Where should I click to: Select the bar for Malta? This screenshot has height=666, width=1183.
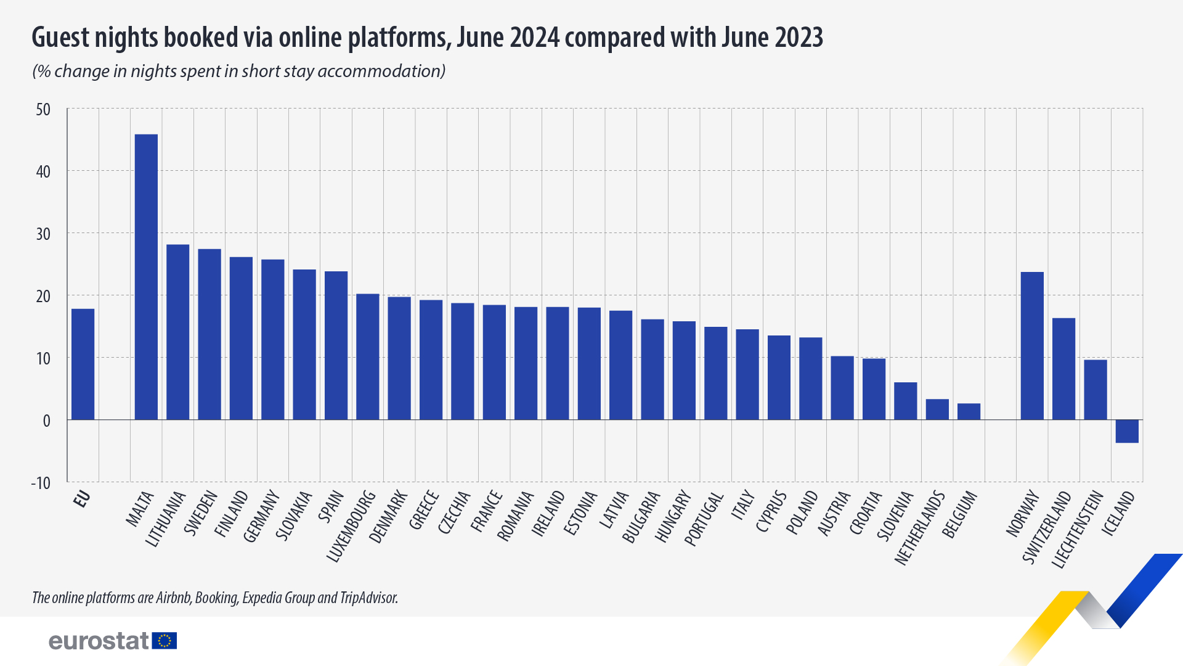[x=146, y=277]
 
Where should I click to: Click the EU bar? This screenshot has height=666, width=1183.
[x=83, y=364]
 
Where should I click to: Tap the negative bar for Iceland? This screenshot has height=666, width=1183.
[x=1127, y=431]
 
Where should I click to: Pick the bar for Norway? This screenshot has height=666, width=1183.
[x=1032, y=345]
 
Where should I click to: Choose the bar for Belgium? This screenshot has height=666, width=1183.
[x=969, y=412]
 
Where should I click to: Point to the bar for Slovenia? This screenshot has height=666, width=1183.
[x=905, y=401]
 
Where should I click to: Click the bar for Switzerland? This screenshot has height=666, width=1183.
[x=1063, y=369]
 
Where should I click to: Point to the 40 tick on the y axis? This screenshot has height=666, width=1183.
[x=43, y=171]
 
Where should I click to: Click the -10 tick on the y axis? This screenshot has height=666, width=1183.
[x=41, y=483]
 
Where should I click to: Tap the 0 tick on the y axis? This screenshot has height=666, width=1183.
[x=46, y=421]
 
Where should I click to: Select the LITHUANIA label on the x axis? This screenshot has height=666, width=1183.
[x=165, y=519]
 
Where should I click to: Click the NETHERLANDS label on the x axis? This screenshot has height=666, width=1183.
[x=919, y=527]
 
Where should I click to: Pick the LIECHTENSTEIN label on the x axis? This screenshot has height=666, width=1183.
[x=1077, y=529]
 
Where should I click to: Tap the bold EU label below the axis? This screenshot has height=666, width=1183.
[x=82, y=499]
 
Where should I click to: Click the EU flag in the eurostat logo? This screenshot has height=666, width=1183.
[x=165, y=641]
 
